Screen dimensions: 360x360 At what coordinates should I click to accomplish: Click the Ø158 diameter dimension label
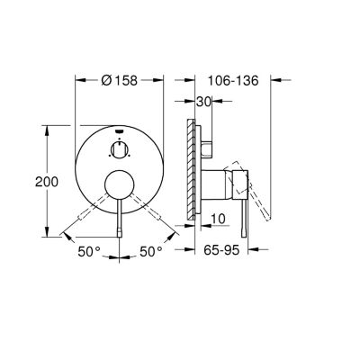coord(120,80)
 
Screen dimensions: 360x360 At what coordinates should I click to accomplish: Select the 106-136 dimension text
coord(233,80)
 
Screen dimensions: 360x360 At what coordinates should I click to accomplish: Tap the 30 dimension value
coord(203,102)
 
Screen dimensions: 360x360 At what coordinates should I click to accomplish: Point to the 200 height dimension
coord(47,182)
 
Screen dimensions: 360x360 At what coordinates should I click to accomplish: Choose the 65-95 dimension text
coord(221,249)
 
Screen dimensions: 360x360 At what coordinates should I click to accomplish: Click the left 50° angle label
coord(89,251)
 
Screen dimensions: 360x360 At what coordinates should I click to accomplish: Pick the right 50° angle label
coord(151,251)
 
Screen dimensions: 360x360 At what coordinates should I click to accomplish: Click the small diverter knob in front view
coord(120,148)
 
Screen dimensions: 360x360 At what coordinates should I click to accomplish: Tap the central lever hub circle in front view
coord(120,184)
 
